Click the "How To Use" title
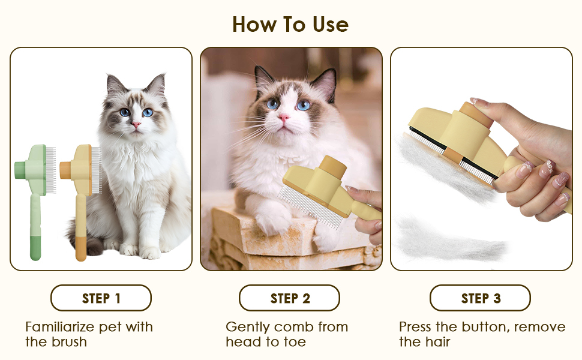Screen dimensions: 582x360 click(x=290, y=25)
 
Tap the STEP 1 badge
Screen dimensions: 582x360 click(x=101, y=298)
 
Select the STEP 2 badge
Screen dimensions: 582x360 click(x=290, y=298)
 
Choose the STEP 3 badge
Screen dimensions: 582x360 click(x=480, y=298)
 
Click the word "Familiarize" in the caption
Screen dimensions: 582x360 click(x=60, y=327)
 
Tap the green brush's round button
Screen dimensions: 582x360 click(x=20, y=170)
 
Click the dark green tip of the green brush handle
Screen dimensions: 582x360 click(x=35, y=248)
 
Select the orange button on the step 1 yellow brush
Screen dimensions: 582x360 click(x=65, y=170)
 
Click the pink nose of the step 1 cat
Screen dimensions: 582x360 click(x=136, y=124)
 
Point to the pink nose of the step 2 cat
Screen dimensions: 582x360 click(x=284, y=118)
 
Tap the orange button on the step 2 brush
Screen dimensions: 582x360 click(x=334, y=166)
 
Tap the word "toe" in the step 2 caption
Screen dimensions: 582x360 click(x=295, y=342)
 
